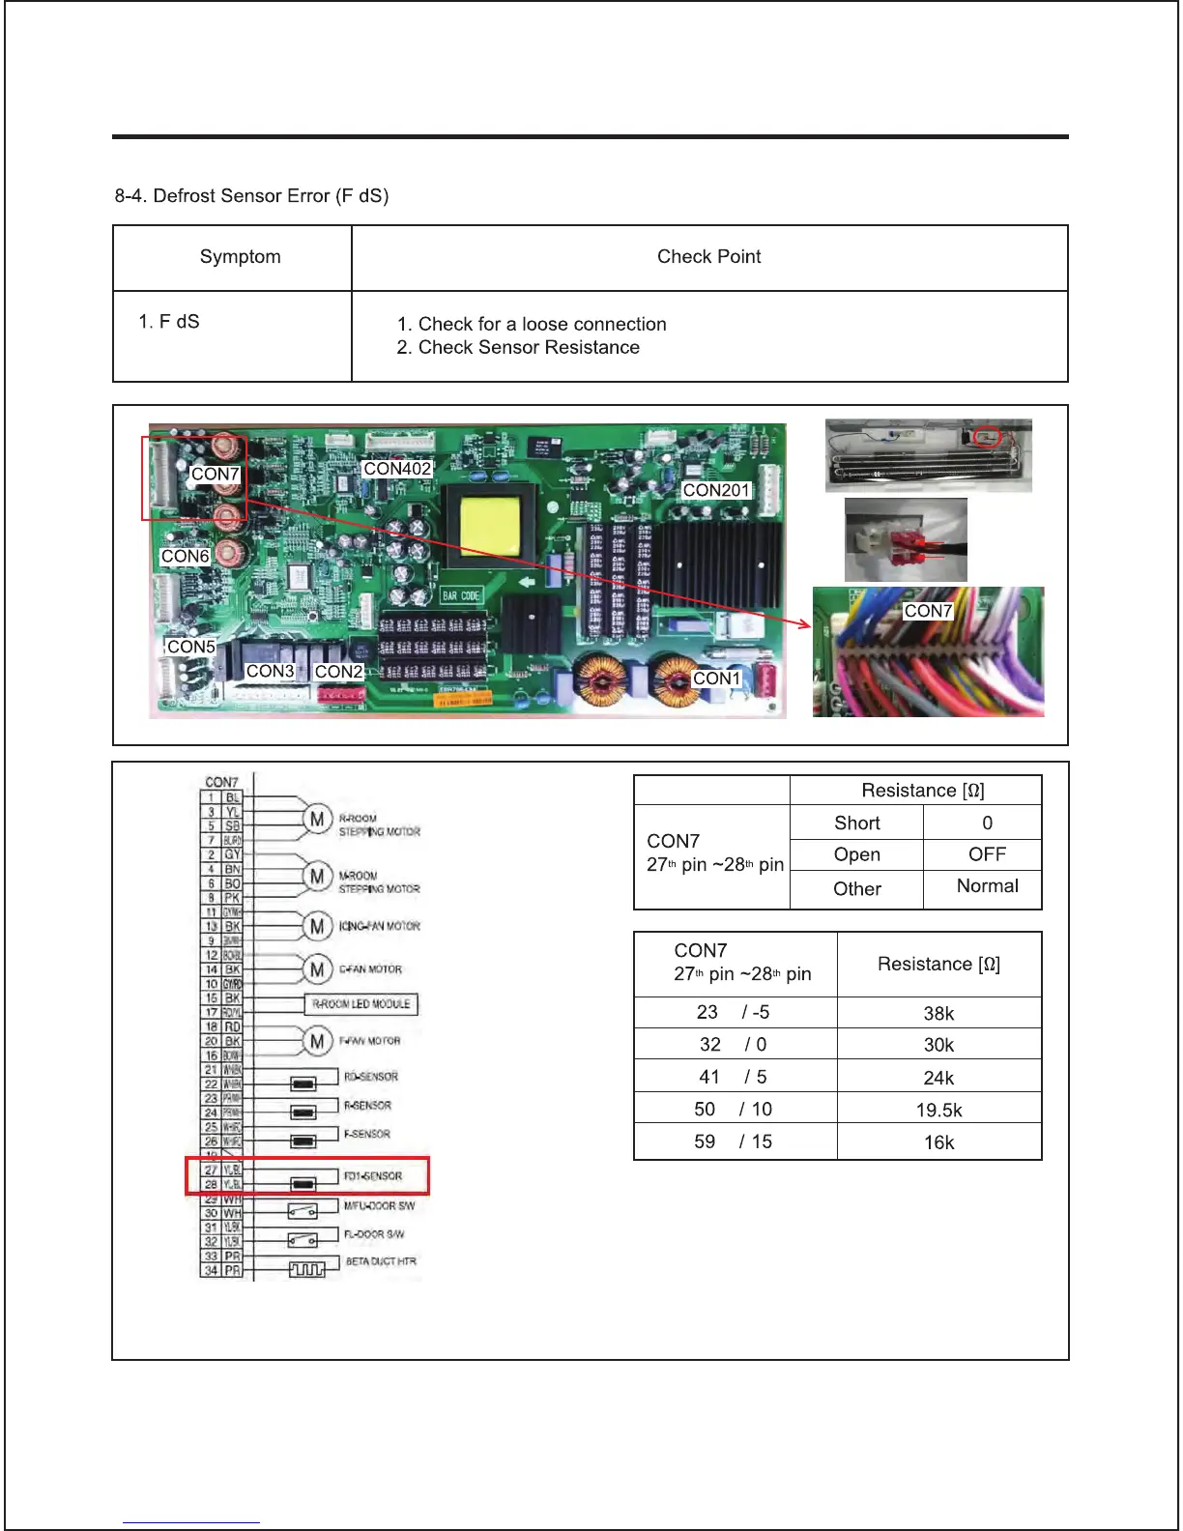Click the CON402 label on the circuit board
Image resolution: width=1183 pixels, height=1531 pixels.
pos(397,469)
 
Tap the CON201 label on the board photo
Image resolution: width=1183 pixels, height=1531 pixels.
pos(716,490)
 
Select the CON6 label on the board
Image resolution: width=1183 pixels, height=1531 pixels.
pos(186,557)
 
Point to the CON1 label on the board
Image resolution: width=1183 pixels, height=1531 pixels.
pos(716,679)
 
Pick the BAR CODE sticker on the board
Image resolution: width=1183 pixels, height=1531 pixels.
pos(461,595)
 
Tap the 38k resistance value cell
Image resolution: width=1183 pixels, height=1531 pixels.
pos(938,1013)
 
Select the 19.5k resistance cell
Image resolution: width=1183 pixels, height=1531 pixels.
pos(938,1111)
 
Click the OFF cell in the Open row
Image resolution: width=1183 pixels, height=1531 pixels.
pos(987,854)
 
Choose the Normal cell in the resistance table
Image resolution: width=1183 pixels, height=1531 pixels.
pos(987,886)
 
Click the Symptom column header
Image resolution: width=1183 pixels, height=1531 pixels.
pos(241,257)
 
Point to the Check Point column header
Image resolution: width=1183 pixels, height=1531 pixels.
pos(708,257)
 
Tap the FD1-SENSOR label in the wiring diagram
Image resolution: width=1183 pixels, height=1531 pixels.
pos(373,1176)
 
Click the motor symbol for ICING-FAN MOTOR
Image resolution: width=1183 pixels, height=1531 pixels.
pos(317,926)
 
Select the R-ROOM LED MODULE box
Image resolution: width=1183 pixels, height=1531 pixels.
pos(361,1004)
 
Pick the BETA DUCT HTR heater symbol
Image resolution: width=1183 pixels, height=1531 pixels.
pos(307,1269)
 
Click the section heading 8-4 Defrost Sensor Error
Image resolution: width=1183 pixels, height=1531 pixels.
pos(251,196)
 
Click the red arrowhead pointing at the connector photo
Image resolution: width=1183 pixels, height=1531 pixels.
pos(804,623)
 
